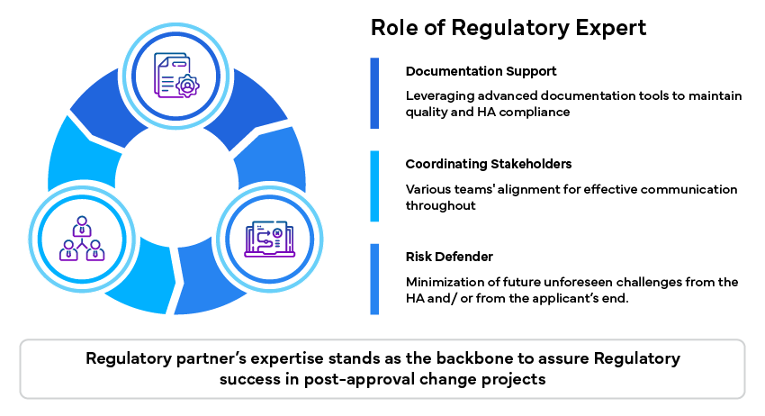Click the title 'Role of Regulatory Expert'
coord(508,28)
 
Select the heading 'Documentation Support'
coord(481,70)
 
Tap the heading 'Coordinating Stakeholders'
coord(489,164)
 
